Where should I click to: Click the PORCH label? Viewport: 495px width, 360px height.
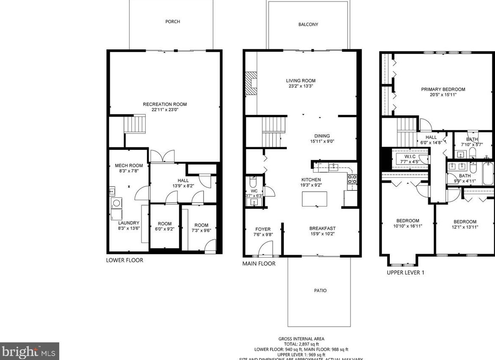pyautogui.click(x=172, y=22)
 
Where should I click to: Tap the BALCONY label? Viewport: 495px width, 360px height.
pyautogui.click(x=308, y=24)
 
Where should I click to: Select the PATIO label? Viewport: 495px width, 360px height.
pyautogui.click(x=320, y=290)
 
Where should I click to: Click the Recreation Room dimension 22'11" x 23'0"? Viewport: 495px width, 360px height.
pyautogui.click(x=165, y=110)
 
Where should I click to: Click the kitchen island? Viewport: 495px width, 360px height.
pyautogui.click(x=314, y=199)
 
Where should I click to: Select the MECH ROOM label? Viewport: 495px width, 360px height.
pyautogui.click(x=129, y=165)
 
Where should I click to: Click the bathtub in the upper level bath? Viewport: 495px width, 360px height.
pyautogui.click(x=488, y=174)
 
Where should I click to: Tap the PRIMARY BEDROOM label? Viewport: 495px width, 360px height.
pyautogui.click(x=443, y=89)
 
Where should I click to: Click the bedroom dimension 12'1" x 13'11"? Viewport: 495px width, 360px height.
pyautogui.click(x=465, y=227)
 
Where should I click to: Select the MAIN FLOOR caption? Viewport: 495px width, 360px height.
pyautogui.click(x=259, y=264)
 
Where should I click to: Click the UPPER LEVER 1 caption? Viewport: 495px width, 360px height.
pyautogui.click(x=405, y=273)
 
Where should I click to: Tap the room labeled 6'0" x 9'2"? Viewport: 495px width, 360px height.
pyautogui.click(x=165, y=226)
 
